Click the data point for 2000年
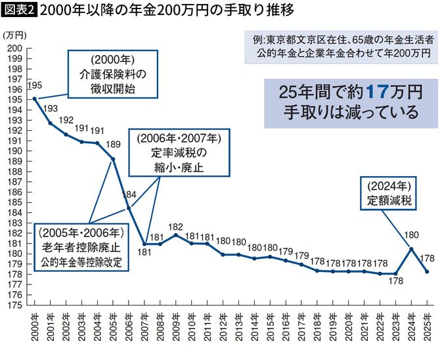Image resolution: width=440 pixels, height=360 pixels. tap(34, 99)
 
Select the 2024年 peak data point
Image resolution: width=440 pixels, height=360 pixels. tap(410, 249)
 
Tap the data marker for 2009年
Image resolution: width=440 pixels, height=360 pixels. tap(175, 235)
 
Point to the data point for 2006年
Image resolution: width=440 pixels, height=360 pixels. tap(128, 208)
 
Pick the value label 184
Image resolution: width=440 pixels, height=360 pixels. tap(130, 194)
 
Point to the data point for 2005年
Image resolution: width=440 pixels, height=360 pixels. tap(113, 159)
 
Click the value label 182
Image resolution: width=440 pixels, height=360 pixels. tap(175, 226)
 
